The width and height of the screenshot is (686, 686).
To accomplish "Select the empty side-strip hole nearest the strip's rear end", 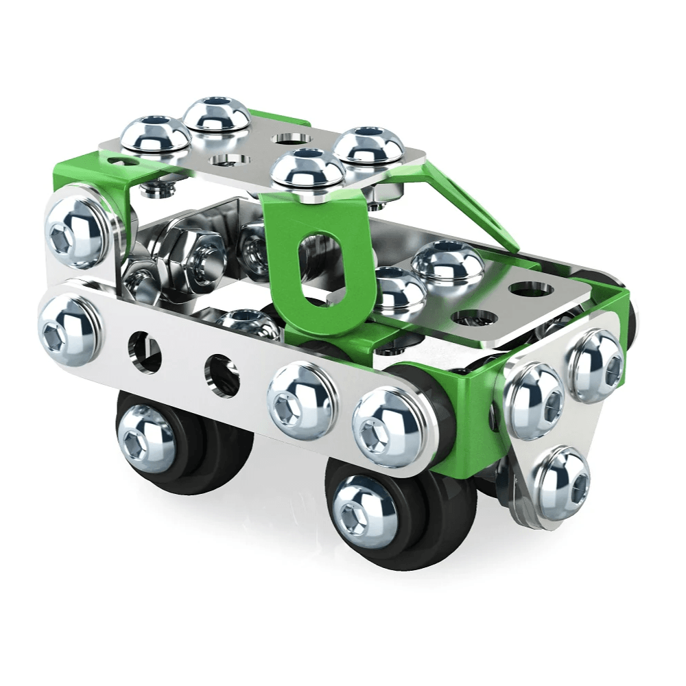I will [144, 351].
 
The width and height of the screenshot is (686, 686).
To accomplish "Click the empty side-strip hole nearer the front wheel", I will [223, 375].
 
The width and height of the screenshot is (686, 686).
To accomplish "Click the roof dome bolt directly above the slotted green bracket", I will [307, 170].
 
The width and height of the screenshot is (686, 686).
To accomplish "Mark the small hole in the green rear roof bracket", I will [122, 163].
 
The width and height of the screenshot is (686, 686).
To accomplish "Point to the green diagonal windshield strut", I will [473, 199].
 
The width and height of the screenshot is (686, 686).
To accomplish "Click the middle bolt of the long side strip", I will [300, 399].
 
